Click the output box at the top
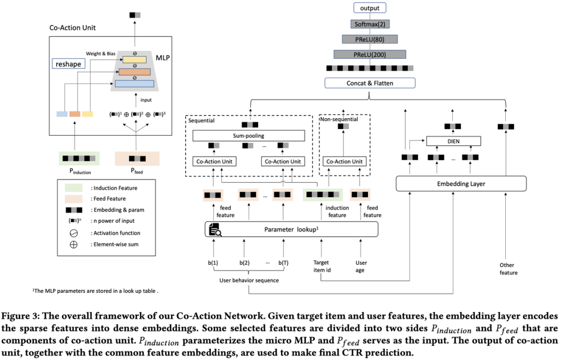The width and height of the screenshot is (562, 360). (x=370, y=8)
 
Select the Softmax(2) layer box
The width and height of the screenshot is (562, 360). (x=370, y=24)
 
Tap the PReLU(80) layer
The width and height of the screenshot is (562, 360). (x=370, y=39)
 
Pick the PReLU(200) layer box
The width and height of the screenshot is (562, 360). (x=370, y=54)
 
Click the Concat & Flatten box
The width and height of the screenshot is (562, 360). (x=370, y=83)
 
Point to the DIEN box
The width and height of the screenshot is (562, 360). (x=453, y=141)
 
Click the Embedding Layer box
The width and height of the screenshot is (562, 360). (x=461, y=183)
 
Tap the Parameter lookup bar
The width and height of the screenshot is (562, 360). (x=291, y=229)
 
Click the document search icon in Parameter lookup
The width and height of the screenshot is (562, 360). (x=214, y=229)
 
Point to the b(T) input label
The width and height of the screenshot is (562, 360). (x=283, y=263)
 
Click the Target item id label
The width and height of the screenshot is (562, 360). (x=321, y=266)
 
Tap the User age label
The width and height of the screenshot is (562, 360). (x=361, y=266)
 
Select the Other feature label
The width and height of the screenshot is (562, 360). (x=508, y=269)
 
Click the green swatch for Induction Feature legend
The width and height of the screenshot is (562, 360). (x=73, y=188)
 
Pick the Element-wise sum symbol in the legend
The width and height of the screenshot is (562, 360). (x=73, y=245)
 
